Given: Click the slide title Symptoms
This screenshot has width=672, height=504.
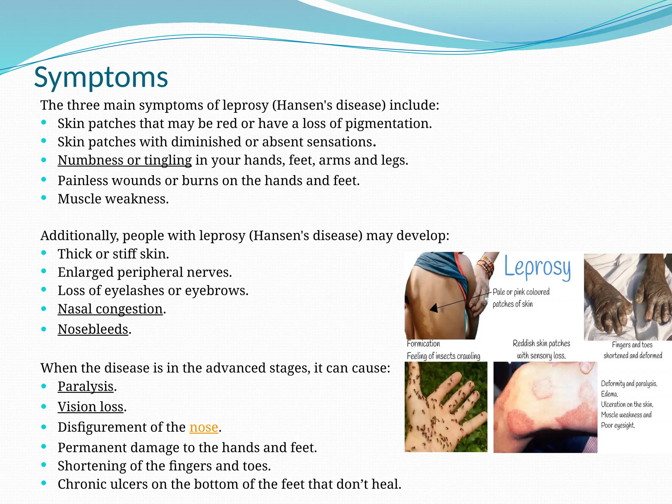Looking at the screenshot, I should point(101,77).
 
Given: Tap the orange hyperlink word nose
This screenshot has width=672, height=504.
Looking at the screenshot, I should point(204,427).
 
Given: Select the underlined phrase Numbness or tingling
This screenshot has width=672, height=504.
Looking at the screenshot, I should point(125,160).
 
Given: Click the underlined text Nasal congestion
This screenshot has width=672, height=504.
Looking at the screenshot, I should point(110,309).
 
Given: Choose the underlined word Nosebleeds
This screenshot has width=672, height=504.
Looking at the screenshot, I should point(93,329).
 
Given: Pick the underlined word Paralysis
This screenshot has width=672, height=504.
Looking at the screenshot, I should point(86,387).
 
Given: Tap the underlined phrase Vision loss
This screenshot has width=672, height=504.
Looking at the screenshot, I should point(91,407).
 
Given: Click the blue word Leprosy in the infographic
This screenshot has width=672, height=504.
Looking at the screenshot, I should point(537,268).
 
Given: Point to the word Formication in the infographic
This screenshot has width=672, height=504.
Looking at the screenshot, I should point(423,344).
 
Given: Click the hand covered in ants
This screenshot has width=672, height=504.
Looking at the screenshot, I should point(446,407).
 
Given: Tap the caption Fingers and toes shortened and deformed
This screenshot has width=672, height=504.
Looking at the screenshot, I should point(632,350).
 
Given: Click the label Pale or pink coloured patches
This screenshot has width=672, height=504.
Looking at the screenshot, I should point(521,298).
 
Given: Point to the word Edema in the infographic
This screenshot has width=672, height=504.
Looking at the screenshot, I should point(609,394).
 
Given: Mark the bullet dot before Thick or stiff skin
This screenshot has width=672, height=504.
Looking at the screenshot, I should point(44,253).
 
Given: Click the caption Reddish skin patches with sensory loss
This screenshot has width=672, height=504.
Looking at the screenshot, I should point(541,349).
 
